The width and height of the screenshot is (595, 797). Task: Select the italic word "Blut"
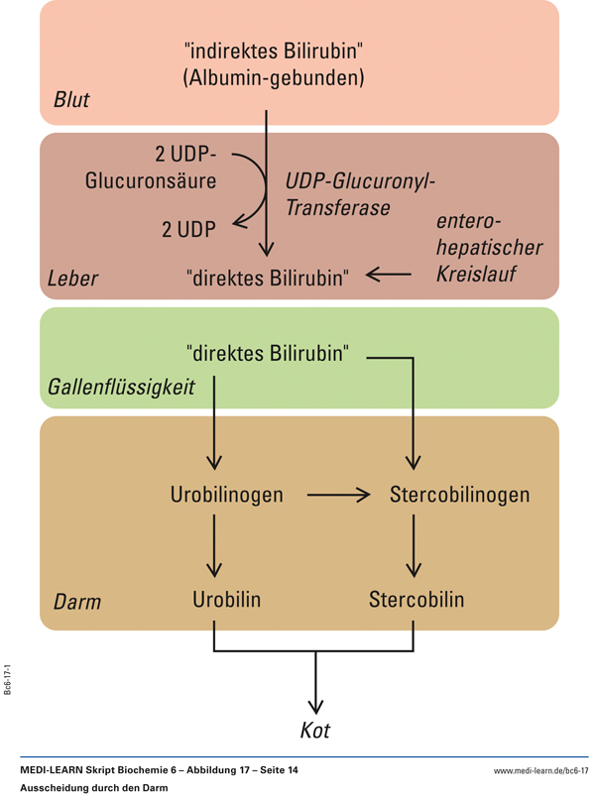click(x=71, y=100)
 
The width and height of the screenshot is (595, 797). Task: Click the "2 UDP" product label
click(x=188, y=229)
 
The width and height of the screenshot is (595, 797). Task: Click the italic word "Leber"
click(x=73, y=279)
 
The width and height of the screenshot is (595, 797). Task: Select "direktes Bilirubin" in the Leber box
click(x=268, y=279)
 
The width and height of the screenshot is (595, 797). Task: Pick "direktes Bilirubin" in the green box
click(x=268, y=353)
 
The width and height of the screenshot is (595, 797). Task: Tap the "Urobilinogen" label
click(x=226, y=494)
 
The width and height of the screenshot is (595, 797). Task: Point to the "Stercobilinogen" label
click(x=459, y=494)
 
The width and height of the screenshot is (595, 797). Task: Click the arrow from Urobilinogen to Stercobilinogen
click(x=338, y=494)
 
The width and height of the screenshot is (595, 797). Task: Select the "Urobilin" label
click(x=226, y=600)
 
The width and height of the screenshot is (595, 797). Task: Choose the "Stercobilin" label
click(x=416, y=600)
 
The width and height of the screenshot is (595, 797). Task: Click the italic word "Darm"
click(x=75, y=602)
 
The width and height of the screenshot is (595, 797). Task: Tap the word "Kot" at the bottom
click(x=315, y=732)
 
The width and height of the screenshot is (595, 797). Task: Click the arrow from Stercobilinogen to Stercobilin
click(x=415, y=547)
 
